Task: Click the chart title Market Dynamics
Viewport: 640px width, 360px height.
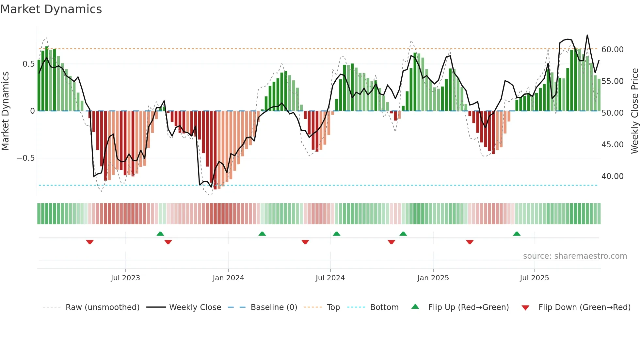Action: (51, 9)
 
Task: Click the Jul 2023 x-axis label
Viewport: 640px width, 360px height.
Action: (125, 278)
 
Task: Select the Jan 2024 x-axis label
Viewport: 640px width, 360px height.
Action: (228, 278)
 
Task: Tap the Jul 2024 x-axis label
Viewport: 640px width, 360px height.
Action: (330, 278)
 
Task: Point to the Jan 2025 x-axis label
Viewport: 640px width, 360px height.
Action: (433, 278)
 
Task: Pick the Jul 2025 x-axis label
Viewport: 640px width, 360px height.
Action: (534, 278)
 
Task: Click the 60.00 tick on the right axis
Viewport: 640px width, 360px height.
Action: (612, 50)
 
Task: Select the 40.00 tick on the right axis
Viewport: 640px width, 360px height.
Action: (612, 176)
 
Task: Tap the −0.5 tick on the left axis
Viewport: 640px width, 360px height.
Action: (25, 158)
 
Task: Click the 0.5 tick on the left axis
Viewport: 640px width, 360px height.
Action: (28, 64)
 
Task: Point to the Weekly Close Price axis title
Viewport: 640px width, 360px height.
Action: (634, 111)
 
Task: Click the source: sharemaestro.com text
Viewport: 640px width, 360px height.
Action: (575, 256)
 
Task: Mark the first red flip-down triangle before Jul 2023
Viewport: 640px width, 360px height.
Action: (90, 242)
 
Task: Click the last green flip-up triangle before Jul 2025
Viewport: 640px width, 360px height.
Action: (517, 234)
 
